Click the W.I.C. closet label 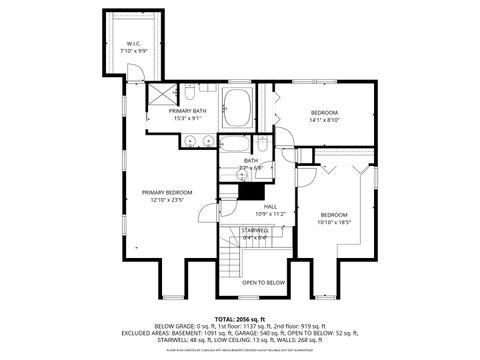tap(132, 42)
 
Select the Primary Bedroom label tap(166, 192)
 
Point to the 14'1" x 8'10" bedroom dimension tap(324, 120)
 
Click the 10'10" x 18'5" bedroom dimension tap(335, 222)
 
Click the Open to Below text tap(263, 283)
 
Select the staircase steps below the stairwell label tap(233, 262)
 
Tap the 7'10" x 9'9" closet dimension tap(132, 50)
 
